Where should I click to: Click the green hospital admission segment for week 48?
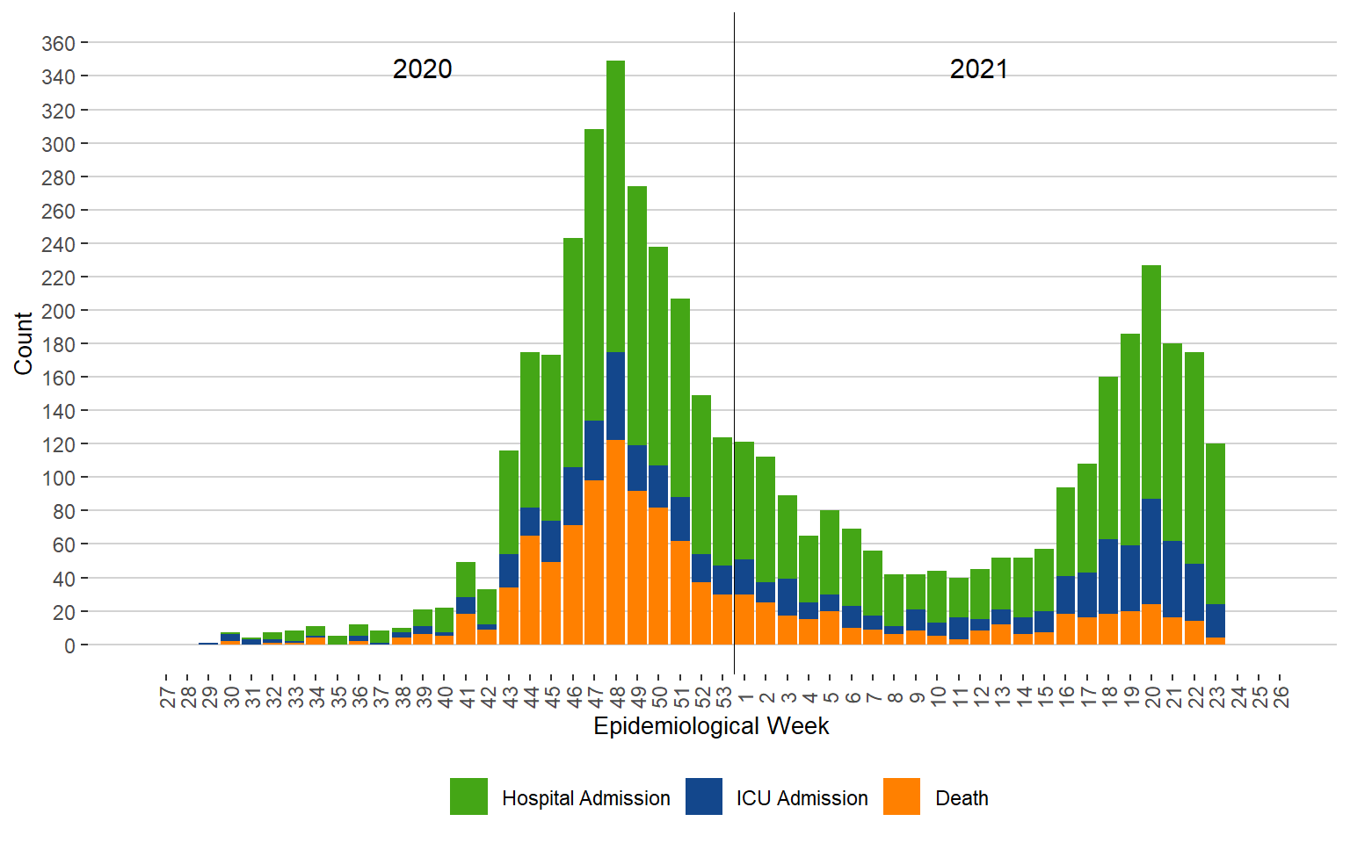coord(615,206)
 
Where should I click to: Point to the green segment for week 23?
coord(1216,523)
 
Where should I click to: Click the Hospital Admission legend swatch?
coord(468,796)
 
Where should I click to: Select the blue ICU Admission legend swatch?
coord(703,796)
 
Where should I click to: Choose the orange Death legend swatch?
coord(901,796)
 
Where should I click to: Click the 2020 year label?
coord(422,69)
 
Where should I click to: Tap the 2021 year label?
coord(978,69)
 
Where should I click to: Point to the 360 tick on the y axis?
coord(58,43)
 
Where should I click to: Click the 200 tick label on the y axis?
coord(58,311)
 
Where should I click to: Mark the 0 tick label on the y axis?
coord(69,645)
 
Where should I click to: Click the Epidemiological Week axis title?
coord(711,726)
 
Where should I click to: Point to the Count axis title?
coord(23,343)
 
